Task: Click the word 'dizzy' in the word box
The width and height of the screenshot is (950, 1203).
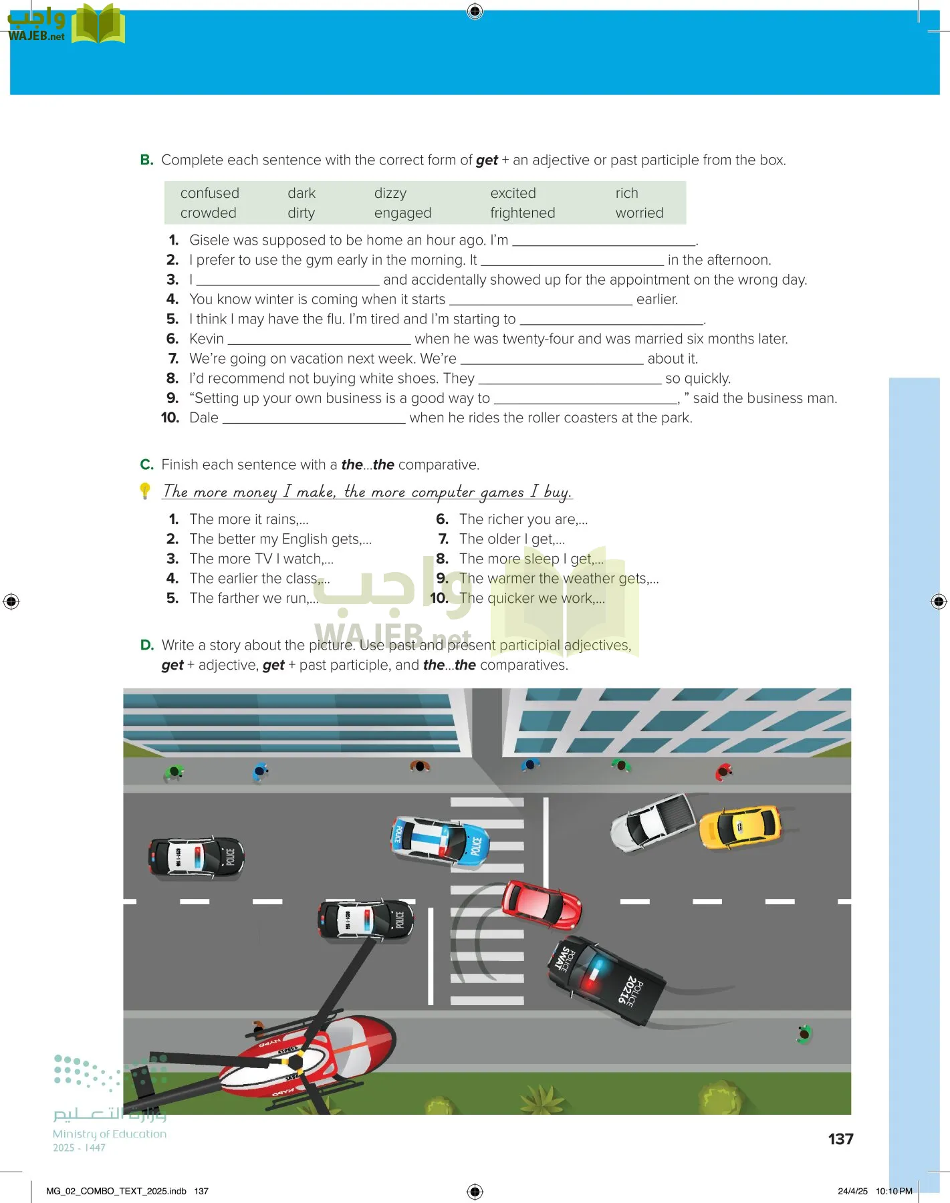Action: [x=390, y=193]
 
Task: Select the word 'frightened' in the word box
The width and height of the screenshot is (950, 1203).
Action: [x=522, y=213]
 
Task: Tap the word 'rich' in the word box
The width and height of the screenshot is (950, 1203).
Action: [x=626, y=193]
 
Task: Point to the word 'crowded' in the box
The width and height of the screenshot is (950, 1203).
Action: [x=208, y=213]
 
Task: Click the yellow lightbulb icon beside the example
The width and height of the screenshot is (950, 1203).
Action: [x=145, y=491]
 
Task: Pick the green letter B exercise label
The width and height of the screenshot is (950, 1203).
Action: [x=146, y=160]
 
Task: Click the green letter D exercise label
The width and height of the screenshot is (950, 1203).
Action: [x=147, y=645]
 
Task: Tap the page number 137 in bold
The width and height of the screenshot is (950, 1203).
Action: [x=840, y=1139]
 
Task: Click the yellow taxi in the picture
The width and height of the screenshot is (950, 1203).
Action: [x=739, y=827]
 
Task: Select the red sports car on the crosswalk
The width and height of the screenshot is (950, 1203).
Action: [x=542, y=904]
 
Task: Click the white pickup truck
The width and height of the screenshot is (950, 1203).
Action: [x=653, y=822]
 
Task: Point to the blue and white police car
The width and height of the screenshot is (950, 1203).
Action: [x=439, y=840]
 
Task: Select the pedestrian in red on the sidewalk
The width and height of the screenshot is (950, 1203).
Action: [x=723, y=773]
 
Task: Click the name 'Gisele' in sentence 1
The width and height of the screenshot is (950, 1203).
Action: [x=209, y=240]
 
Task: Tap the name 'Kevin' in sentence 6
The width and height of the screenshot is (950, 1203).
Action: [x=206, y=339]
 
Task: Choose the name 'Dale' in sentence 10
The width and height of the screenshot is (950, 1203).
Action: [x=204, y=418]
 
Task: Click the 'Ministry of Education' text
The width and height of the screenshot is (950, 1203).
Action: [x=110, y=1133]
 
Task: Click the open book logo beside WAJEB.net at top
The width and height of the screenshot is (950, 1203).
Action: [x=98, y=25]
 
